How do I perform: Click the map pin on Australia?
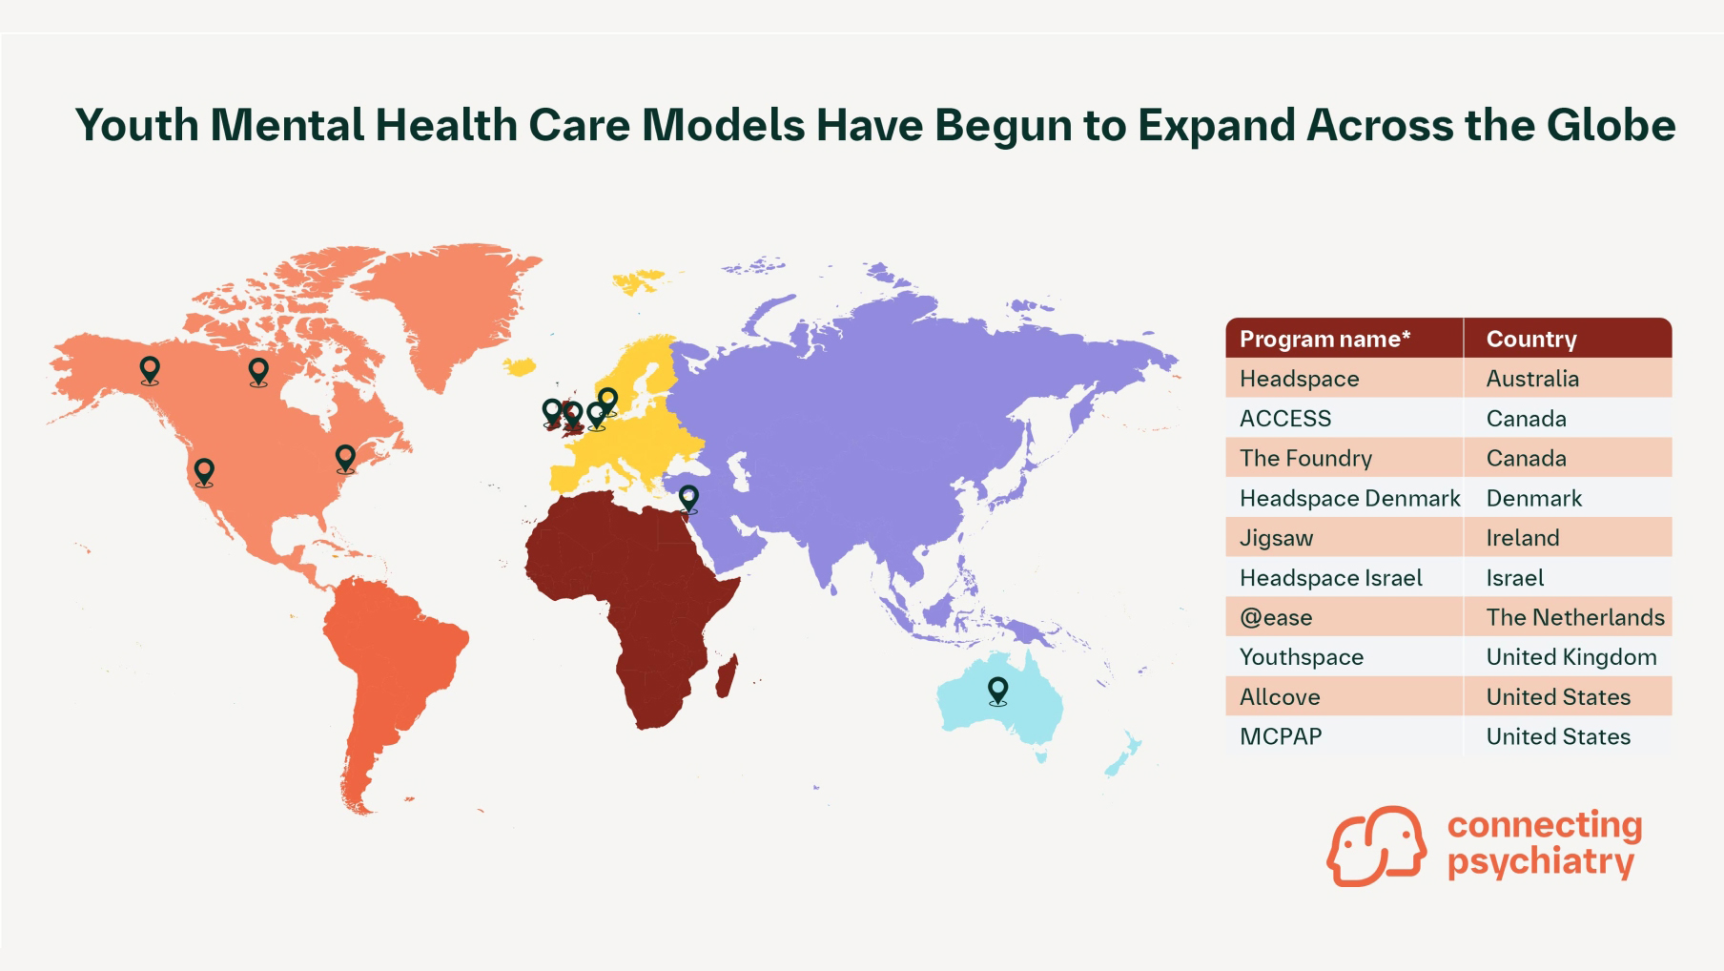point(997,691)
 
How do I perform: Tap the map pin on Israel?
point(688,499)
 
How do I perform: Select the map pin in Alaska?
point(150,370)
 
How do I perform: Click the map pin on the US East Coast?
point(345,459)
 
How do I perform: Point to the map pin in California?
point(204,472)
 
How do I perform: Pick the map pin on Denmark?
point(607,402)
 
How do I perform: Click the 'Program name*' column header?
point(1324,339)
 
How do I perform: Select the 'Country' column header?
point(1531,339)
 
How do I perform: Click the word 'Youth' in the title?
point(137,125)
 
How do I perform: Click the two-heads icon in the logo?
point(1376,846)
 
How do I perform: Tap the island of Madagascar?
point(727,675)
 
